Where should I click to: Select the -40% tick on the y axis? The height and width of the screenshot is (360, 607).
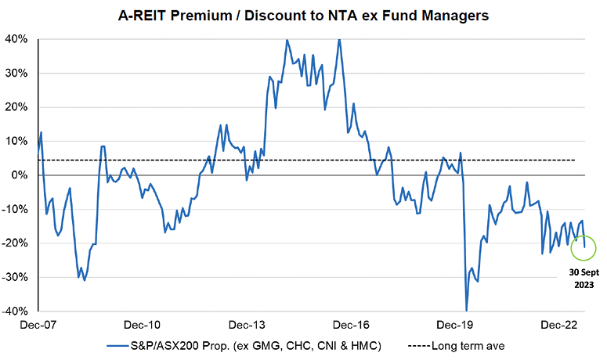pyautogui.click(x=17, y=311)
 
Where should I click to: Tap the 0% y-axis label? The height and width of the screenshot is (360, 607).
pyautogui.click(x=22, y=175)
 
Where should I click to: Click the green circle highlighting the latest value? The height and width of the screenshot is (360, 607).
pyautogui.click(x=584, y=248)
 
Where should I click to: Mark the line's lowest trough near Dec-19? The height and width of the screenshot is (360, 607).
pyautogui.click(x=467, y=310)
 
